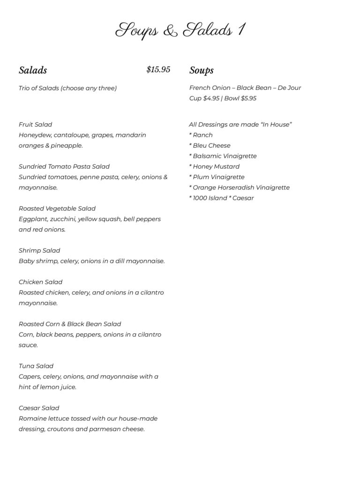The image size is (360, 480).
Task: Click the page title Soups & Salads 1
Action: coord(180,30)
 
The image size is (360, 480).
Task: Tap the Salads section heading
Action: coord(33,70)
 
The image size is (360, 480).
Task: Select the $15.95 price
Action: coord(158,70)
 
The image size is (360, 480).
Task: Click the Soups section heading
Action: coord(202,70)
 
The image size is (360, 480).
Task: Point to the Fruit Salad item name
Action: coord(35,125)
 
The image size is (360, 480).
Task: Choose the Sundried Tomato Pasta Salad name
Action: coord(64,166)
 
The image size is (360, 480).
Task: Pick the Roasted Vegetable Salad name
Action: coord(57,209)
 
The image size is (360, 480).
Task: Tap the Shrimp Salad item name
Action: coord(39,251)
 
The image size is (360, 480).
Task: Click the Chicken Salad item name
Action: coord(40,282)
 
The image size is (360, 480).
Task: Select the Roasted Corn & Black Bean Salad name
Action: coord(70,324)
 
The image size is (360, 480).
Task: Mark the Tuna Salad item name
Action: coord(36,366)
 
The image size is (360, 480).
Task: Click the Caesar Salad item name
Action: coord(39,408)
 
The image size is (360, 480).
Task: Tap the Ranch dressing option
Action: coord(202,135)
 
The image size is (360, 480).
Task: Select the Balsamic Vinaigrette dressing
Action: coord(225,156)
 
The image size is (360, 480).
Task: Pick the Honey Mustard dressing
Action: coord(216,166)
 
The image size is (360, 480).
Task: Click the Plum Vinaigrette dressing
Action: coord(218,177)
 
